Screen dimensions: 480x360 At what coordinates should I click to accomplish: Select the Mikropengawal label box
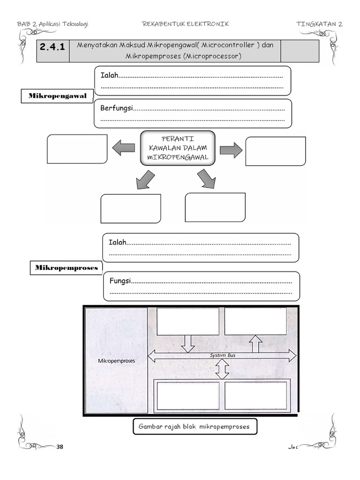(x=58, y=96)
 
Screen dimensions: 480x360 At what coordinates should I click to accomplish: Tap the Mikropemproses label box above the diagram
(x=67, y=268)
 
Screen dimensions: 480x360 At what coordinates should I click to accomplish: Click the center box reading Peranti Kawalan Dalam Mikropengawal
(x=178, y=148)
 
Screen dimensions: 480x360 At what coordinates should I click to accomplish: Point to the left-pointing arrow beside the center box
(x=123, y=149)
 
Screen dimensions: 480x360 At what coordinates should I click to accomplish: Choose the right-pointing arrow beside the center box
(x=231, y=150)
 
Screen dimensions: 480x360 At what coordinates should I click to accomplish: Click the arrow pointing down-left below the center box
(x=145, y=180)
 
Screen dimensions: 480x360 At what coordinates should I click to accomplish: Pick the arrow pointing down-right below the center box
(x=206, y=179)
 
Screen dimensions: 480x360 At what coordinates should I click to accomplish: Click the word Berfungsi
(x=117, y=108)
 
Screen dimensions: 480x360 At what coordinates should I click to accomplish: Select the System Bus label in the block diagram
(x=222, y=355)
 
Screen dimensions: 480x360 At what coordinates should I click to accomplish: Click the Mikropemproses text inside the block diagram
(x=115, y=361)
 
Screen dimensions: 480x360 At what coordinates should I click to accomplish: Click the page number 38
(x=60, y=447)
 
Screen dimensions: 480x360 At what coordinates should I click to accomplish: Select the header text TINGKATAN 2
(x=319, y=24)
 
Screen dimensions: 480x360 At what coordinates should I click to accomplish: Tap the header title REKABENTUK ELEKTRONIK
(x=185, y=24)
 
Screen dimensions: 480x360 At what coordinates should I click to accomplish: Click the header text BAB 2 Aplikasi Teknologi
(x=52, y=24)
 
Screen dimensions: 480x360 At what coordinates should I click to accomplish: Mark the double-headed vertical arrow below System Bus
(x=222, y=370)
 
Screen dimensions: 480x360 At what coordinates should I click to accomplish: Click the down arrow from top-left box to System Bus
(x=187, y=343)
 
